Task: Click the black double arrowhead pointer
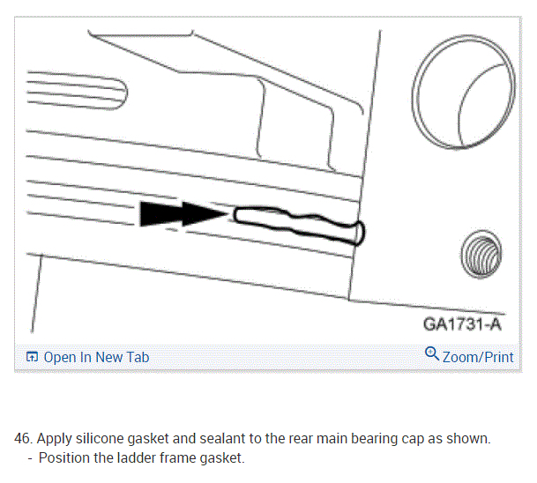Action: [x=183, y=214]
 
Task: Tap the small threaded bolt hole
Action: [x=481, y=254]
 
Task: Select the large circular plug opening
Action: [x=464, y=92]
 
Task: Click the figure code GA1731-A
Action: [x=462, y=323]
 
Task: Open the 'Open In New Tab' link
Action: [x=96, y=357]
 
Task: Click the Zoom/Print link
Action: [x=478, y=357]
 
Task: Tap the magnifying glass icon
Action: [x=432, y=353]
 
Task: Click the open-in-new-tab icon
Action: [x=32, y=357]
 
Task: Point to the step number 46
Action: [x=23, y=439]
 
